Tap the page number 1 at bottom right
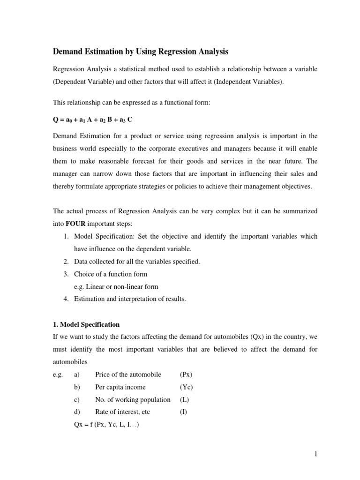[316, 453]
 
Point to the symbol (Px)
[186, 375]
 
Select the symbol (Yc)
[186, 387]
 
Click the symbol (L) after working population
[184, 399]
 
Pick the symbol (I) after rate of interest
[183, 412]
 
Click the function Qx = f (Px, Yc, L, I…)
[106, 425]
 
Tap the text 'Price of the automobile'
[128, 375]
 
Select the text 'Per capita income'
[120, 387]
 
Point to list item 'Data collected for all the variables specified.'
[137, 262]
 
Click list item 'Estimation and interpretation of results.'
[130, 299]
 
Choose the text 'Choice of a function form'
[110, 274]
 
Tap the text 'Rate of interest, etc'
[122, 412]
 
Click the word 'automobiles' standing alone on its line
[69, 362]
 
